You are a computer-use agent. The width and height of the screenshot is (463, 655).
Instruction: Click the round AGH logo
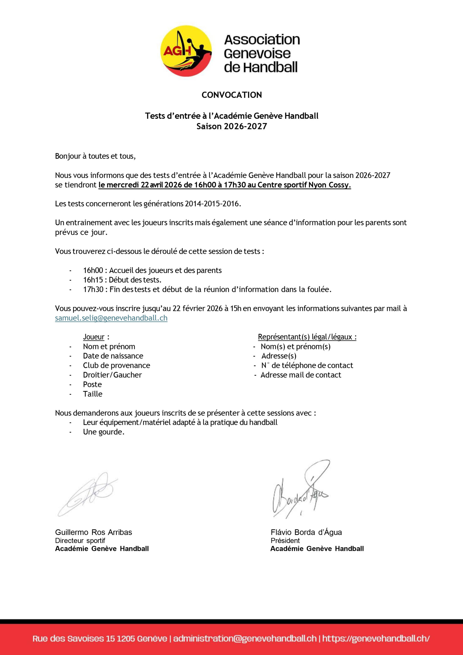coord(186,51)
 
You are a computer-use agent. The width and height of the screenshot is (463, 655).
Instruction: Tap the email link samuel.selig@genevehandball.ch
coord(111,318)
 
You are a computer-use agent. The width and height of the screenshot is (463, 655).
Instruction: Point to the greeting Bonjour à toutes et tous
coord(95,156)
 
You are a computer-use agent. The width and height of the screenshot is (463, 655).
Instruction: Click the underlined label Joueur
coord(94,337)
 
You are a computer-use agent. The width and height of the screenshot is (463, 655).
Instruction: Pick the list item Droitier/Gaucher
coord(112,375)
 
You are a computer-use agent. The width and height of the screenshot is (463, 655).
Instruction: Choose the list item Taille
coord(92,394)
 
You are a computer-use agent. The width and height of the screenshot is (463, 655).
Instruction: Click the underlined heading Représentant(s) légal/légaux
coord(307,337)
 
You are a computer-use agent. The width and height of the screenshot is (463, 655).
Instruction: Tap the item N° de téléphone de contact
coord(307,365)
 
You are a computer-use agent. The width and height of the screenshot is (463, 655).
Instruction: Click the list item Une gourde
coord(104,432)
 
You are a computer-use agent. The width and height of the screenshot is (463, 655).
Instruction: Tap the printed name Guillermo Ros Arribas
coord(94,532)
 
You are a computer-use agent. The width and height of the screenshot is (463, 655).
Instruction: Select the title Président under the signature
coord(285,541)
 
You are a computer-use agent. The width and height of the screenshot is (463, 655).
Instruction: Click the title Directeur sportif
coord(80,541)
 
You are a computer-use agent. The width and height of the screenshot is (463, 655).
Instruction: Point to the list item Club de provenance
coord(116,365)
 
